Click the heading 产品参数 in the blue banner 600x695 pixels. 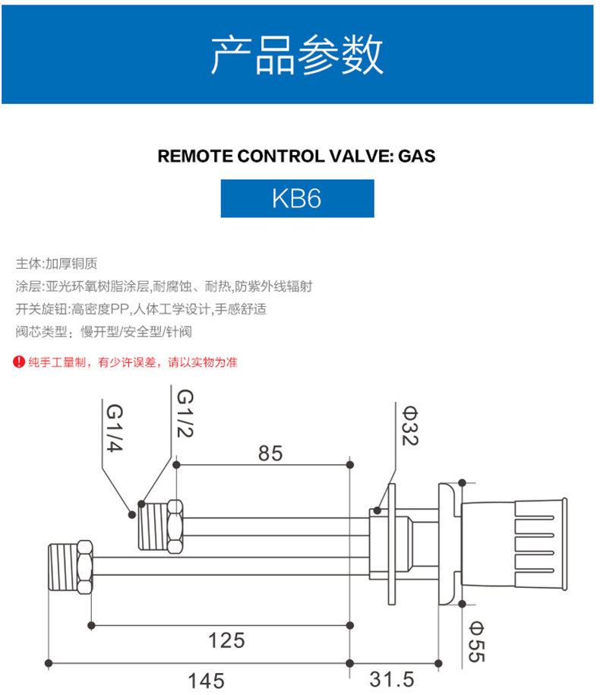tap(297, 53)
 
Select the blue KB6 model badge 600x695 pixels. tap(297, 198)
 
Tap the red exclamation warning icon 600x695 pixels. tap(20, 362)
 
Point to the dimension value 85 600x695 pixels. tap(270, 453)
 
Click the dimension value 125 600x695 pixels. tap(227, 640)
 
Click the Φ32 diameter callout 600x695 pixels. tap(410, 426)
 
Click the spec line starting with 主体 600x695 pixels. tap(57, 264)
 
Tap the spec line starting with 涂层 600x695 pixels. tap(163, 286)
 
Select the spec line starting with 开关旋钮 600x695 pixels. tap(141, 309)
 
